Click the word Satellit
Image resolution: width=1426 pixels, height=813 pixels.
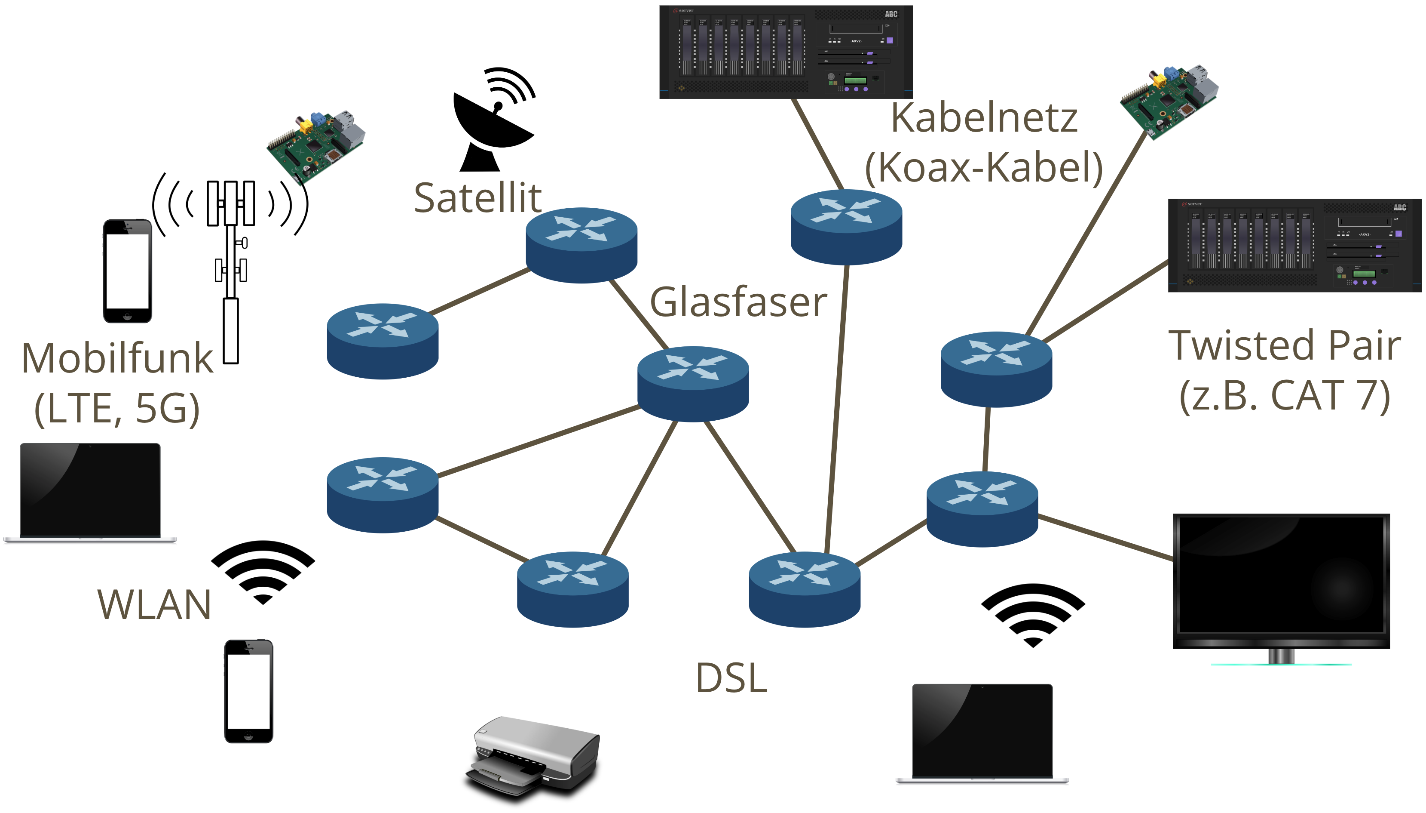[x=477, y=198]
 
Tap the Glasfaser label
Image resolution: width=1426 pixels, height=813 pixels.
[x=738, y=302]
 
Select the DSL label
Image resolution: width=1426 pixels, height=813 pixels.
[x=731, y=678]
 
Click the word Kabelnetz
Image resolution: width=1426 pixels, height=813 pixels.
[x=984, y=118]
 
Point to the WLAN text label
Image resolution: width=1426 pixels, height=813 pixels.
[x=154, y=605]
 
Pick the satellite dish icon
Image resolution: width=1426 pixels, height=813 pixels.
[x=494, y=120]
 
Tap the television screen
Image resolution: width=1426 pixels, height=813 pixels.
[x=1281, y=581]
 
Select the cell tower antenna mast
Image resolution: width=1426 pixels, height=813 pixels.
[x=231, y=268]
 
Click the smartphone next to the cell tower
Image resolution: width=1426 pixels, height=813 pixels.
[x=127, y=271]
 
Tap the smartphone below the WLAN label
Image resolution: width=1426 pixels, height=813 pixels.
[x=248, y=691]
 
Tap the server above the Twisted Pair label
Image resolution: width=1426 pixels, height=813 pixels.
[x=1294, y=245]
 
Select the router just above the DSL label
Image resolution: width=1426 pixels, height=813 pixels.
[x=804, y=589]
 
